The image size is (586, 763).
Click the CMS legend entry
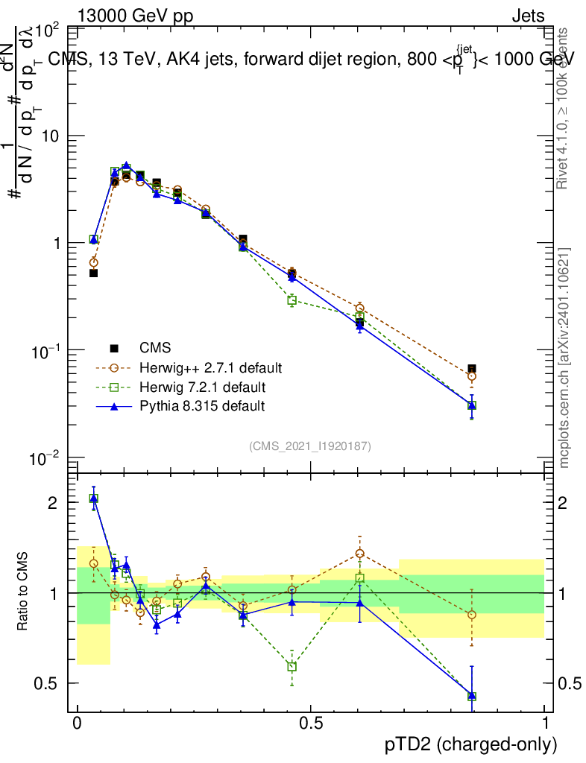click(x=154, y=348)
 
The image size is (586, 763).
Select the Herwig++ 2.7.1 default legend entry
click(x=210, y=368)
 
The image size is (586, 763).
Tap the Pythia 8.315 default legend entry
click(x=201, y=407)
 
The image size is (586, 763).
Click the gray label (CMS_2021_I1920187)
click(x=310, y=446)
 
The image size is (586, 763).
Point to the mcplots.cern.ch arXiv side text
click(x=565, y=358)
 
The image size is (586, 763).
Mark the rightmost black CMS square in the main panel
click(x=471, y=369)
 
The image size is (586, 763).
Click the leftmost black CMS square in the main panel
click(x=94, y=273)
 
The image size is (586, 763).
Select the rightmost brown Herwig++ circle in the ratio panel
click(x=471, y=615)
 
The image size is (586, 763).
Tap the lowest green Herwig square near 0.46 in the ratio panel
click(x=292, y=666)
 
